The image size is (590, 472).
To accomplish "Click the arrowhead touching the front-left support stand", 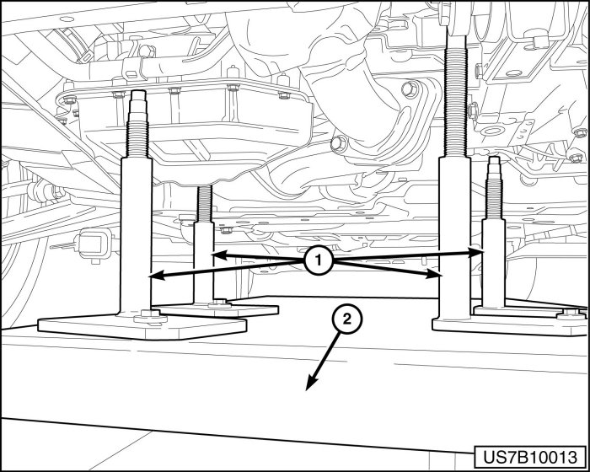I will pos(151,276).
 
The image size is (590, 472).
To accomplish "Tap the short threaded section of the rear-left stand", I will pos(203,202).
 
